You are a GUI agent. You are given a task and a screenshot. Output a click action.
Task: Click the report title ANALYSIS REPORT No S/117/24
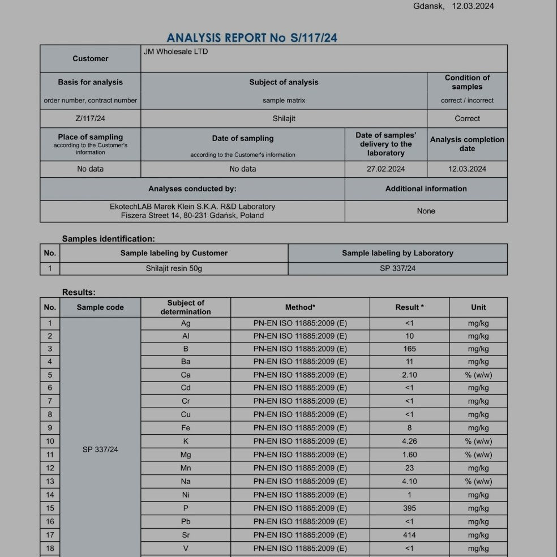pyautogui.click(x=252, y=38)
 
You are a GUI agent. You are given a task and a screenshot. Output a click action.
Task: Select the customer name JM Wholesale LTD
pyautogui.click(x=175, y=52)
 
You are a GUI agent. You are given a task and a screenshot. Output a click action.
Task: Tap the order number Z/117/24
pyautogui.click(x=91, y=118)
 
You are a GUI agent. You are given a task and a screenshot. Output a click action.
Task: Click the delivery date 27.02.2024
pyautogui.click(x=385, y=169)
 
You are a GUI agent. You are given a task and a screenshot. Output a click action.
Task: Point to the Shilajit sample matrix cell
pyautogui.click(x=284, y=118)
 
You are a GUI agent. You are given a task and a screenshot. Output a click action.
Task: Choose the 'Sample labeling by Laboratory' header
pyautogui.click(x=397, y=253)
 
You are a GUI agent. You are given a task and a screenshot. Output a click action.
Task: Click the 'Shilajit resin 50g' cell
pyautogui.click(x=174, y=268)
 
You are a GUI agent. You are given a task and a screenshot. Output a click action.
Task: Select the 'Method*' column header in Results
pyautogui.click(x=300, y=307)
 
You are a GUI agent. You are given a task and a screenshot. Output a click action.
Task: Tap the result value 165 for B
pyautogui.click(x=409, y=349)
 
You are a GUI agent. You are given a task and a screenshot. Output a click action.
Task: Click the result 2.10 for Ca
pyautogui.click(x=409, y=375)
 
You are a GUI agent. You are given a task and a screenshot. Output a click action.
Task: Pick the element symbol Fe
pyautogui.click(x=186, y=428)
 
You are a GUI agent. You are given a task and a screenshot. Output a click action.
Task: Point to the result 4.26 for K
pyautogui.click(x=409, y=441)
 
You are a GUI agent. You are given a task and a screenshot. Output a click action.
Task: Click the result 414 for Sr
pyautogui.click(x=409, y=535)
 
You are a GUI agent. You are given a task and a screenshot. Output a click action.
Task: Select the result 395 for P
pyautogui.click(x=409, y=508)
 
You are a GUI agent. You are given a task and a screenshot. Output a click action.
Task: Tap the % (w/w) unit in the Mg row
pyautogui.click(x=478, y=455)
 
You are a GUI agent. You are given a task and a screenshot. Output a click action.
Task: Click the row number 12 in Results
pyautogui.click(x=50, y=468)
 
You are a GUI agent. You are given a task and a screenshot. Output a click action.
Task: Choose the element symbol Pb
pyautogui.click(x=186, y=521)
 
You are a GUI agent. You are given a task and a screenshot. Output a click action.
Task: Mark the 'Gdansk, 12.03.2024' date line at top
pyautogui.click(x=453, y=6)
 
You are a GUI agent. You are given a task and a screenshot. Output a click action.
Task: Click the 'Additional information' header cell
pyautogui.click(x=426, y=188)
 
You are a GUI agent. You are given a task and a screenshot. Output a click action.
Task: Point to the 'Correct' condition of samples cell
pyautogui.click(x=467, y=118)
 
